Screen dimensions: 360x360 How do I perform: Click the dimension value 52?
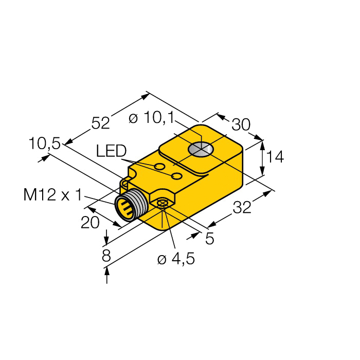(100, 123)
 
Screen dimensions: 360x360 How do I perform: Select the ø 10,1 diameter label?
(151, 118)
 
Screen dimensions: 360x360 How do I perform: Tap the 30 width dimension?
(241, 125)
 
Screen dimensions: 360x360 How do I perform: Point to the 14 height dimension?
(276, 157)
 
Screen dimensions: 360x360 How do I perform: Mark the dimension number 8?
(106, 256)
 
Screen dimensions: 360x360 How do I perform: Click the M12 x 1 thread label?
(52, 195)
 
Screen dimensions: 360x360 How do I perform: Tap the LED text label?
(111, 151)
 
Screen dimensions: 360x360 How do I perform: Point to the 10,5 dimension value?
(44, 143)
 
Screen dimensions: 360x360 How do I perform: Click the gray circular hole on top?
(201, 149)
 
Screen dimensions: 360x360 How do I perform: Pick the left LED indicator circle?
(160, 167)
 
